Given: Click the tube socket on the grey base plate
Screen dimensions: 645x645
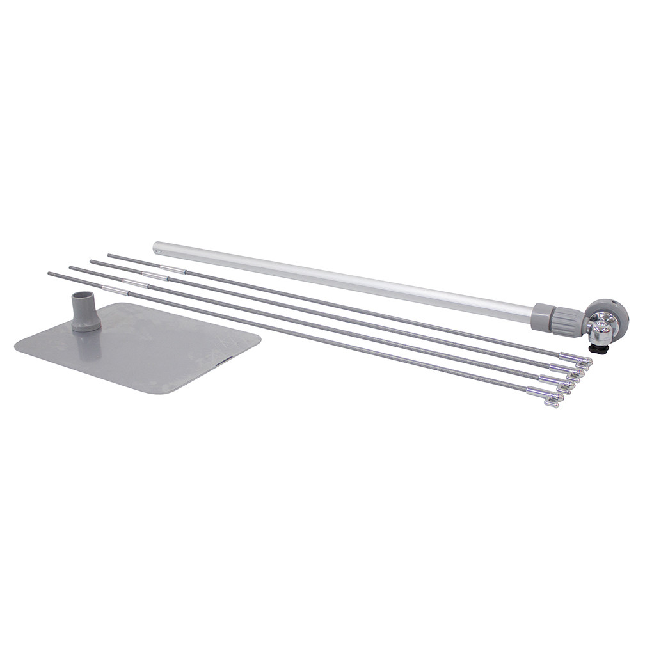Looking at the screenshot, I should pyautogui.click(x=86, y=311).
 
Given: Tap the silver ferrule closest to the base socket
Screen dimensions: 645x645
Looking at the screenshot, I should pyautogui.click(x=115, y=291).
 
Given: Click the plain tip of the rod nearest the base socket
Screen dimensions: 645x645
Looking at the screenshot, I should pyautogui.click(x=50, y=274).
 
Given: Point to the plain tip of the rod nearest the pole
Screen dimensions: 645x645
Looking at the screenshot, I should pyautogui.click(x=109, y=255).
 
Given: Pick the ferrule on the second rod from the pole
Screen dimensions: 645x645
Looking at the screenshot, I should pyautogui.click(x=154, y=276).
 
